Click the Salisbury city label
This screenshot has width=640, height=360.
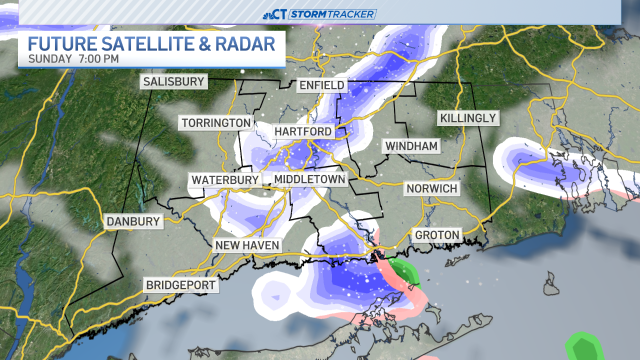pyautogui.click(x=173, y=81)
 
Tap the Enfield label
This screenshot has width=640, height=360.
pyautogui.click(x=322, y=85)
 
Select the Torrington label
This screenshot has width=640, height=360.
pyautogui.click(x=216, y=122)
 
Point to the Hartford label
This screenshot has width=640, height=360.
pyautogui.click(x=303, y=131)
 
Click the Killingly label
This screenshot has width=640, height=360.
pyautogui.click(x=468, y=118)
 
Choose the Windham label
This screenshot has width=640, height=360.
pyautogui.click(x=411, y=146)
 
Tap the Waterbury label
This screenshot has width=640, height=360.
pyautogui.click(x=225, y=180)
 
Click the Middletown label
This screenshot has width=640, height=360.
pyautogui.click(x=309, y=179)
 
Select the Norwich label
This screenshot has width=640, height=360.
pyautogui.click(x=432, y=188)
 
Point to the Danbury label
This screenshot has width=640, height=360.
pyautogui.click(x=133, y=221)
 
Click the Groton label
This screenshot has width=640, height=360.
pyautogui.click(x=437, y=234)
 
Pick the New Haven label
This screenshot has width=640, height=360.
pyautogui.click(x=247, y=245)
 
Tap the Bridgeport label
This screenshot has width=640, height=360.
pyautogui.click(x=180, y=285)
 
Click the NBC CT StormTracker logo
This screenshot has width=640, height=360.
pyautogui.click(x=319, y=14)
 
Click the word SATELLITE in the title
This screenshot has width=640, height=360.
pyautogui.click(x=153, y=44)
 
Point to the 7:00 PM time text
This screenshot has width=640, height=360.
pyautogui.click(x=98, y=59)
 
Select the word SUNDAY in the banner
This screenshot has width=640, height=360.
pyautogui.click(x=50, y=59)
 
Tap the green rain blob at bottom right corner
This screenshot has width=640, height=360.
pyautogui.click(x=583, y=347)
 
